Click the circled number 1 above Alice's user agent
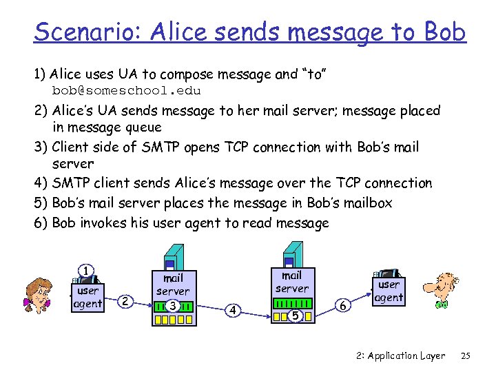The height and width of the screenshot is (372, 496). coord(85,271)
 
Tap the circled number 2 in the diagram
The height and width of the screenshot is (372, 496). coord(124,300)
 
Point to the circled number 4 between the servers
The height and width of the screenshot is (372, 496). coord(234,310)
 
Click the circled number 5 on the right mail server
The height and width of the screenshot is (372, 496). coord(294,316)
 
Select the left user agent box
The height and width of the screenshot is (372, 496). coord(88,296)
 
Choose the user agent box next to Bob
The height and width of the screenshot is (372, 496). coord(389,290)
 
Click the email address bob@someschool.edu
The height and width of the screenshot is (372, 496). coord(127,90)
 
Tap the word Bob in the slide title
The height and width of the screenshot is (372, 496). coord(445,32)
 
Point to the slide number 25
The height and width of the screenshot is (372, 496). coord(466,356)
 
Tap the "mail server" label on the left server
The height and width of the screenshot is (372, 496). coord(172,285)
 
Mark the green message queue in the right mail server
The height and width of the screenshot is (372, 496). coord(292,303)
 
